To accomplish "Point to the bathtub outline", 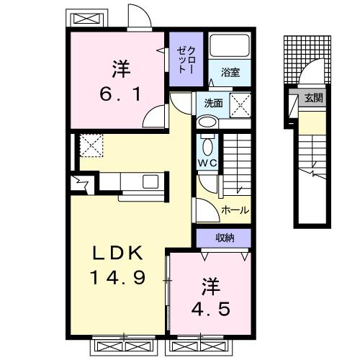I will [230, 48].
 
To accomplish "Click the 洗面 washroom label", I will [213, 102].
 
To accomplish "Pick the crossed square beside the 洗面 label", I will [240, 102].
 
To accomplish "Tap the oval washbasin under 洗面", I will [207, 122].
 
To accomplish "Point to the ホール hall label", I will [235, 210].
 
